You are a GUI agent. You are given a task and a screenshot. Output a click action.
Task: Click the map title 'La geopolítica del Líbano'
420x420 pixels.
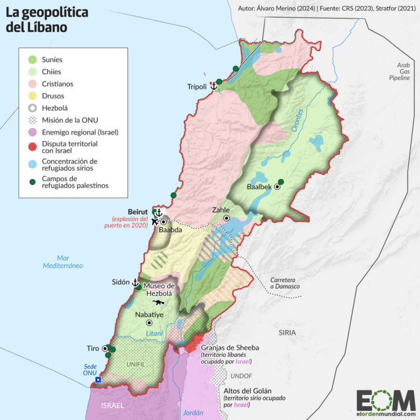45,22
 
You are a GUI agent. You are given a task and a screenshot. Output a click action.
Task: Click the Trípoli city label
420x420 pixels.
196,87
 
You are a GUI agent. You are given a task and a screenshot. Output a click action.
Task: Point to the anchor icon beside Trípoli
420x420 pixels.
213,87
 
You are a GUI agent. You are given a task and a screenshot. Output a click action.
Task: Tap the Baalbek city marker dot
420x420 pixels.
278,187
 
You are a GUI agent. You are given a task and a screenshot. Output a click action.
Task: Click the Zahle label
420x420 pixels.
221,210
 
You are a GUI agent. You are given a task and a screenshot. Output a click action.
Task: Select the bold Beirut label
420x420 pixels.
136,212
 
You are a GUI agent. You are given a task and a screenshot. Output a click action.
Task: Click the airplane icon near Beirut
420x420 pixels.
154,221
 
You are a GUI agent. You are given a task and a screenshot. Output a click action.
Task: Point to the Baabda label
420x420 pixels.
170,230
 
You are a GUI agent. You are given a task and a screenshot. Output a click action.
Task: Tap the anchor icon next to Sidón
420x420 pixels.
136,282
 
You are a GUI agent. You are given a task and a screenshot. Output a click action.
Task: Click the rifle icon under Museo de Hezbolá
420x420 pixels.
157,304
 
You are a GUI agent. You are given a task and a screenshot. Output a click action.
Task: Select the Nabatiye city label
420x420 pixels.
148,314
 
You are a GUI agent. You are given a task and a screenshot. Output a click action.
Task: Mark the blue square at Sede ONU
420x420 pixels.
98,380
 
